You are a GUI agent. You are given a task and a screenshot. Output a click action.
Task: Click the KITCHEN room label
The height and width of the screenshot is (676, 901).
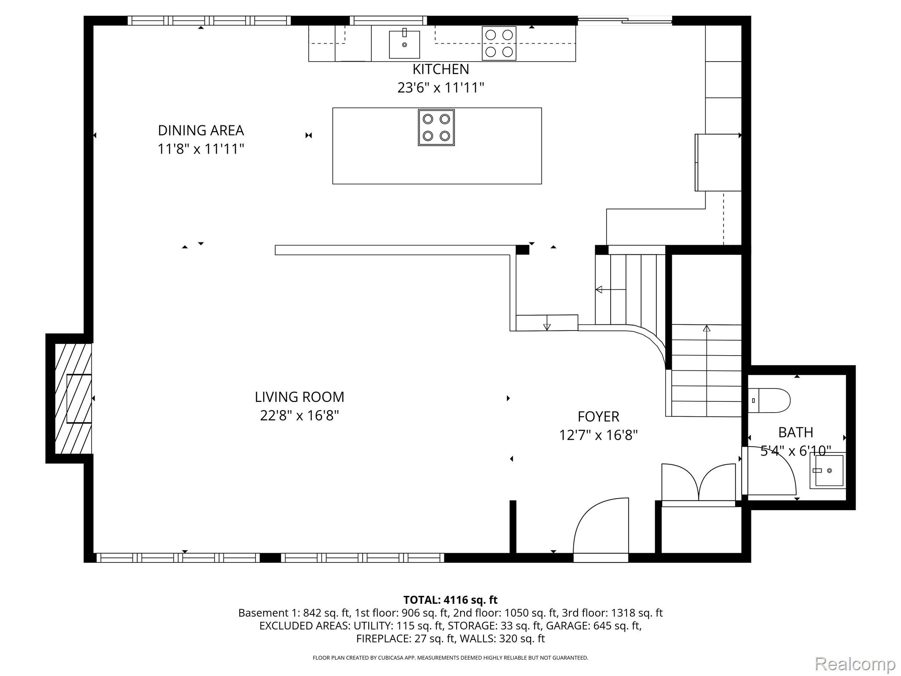pos(440,69)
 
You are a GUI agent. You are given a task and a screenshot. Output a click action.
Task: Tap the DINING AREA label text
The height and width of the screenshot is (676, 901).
pos(201,130)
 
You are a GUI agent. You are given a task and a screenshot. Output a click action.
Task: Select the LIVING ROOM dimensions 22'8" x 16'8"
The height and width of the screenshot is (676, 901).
pos(299,415)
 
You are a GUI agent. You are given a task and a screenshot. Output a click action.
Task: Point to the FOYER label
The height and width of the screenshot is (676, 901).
pos(598,416)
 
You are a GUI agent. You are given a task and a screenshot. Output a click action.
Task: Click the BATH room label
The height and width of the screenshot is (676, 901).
pos(795,432)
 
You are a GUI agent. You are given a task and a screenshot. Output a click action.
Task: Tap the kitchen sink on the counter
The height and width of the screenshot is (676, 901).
pos(404,44)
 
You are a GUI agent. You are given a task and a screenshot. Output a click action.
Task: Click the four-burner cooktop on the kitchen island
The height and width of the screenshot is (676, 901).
pos(436,127)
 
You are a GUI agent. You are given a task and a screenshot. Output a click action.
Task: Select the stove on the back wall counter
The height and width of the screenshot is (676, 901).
pos(499,43)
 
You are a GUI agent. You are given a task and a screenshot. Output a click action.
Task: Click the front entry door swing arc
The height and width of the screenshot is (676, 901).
pos(601,528)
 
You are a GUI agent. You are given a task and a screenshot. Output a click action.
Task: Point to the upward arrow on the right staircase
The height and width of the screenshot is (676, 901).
pos(707,328)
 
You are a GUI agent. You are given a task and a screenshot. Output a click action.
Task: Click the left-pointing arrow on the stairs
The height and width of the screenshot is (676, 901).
pos(599,290)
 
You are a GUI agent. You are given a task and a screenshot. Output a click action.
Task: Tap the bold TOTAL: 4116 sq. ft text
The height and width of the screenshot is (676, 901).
pos(450,600)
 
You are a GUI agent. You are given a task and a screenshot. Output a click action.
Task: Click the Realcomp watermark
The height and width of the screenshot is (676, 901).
pos(855,664)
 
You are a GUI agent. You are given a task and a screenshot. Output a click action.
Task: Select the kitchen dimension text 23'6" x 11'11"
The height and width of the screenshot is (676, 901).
pos(440,88)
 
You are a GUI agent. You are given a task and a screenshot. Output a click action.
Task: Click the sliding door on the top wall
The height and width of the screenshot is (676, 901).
pos(625,20)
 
